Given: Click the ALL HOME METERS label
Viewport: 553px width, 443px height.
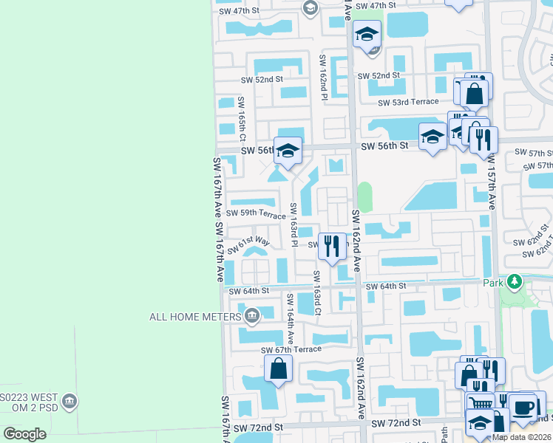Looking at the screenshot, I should (194, 317).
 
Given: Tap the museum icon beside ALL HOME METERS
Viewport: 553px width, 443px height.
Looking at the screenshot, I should (251, 317).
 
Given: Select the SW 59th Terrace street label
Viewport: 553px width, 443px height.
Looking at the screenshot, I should (256, 215).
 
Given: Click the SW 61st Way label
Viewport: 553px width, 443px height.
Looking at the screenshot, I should (248, 245).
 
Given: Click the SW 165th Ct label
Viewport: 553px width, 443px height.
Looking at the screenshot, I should (241, 118).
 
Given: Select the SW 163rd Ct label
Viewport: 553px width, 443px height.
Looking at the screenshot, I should (316, 293).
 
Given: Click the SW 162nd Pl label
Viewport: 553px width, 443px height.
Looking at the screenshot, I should (323, 77).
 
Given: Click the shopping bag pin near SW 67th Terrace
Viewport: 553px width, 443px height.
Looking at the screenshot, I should (278, 368).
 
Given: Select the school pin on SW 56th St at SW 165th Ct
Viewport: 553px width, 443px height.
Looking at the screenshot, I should (288, 151).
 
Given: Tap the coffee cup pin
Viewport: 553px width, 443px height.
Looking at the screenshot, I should (523, 407).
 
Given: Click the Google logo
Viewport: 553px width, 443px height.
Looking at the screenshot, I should (24, 434).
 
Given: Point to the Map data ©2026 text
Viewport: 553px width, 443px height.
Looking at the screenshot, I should (522, 437).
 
